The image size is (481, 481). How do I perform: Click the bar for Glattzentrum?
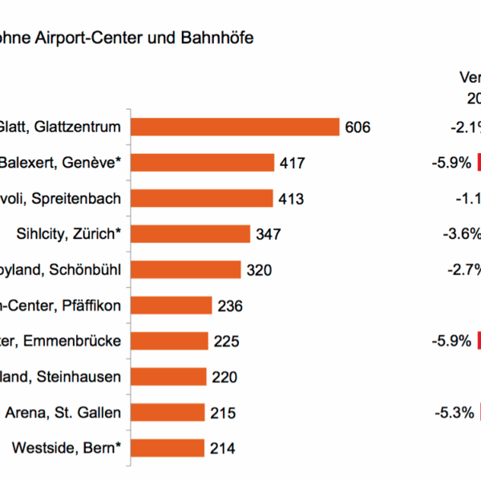click(235, 127)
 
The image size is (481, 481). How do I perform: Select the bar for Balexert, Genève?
click(202, 163)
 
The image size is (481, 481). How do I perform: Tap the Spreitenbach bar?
click(201, 198)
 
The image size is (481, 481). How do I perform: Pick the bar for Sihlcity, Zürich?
click(190, 234)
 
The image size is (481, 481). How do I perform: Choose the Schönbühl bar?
click(185, 269)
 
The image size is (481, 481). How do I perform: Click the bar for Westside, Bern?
click(168, 448)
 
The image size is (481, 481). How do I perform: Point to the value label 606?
click(358, 127)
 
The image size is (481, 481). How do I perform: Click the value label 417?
click(293, 163)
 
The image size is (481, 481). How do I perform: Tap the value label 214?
click(222, 448)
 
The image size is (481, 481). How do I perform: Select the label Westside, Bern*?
click(67, 448)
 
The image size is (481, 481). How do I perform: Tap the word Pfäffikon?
click(92, 305)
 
